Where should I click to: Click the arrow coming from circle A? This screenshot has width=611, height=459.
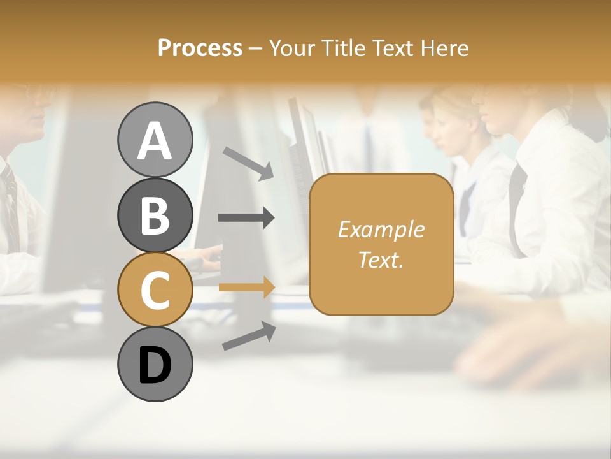click(x=248, y=163)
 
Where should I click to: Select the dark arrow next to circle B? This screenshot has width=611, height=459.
click(x=246, y=218)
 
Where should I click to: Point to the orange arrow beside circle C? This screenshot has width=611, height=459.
click(x=246, y=288)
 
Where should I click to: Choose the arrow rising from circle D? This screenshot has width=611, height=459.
click(x=249, y=337)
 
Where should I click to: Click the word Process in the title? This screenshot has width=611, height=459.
click(x=200, y=48)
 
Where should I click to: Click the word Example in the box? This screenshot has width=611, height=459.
click(x=381, y=229)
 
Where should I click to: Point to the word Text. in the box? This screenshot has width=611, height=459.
click(x=381, y=259)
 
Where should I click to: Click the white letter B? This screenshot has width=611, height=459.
click(x=155, y=215)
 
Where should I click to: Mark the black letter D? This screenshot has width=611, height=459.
click(x=155, y=365)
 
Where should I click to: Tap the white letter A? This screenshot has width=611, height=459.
click(x=155, y=140)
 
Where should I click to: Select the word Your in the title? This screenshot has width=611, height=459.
click(x=293, y=48)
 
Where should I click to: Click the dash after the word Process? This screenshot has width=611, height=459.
click(x=256, y=48)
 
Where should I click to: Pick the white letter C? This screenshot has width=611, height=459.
click(x=155, y=290)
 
